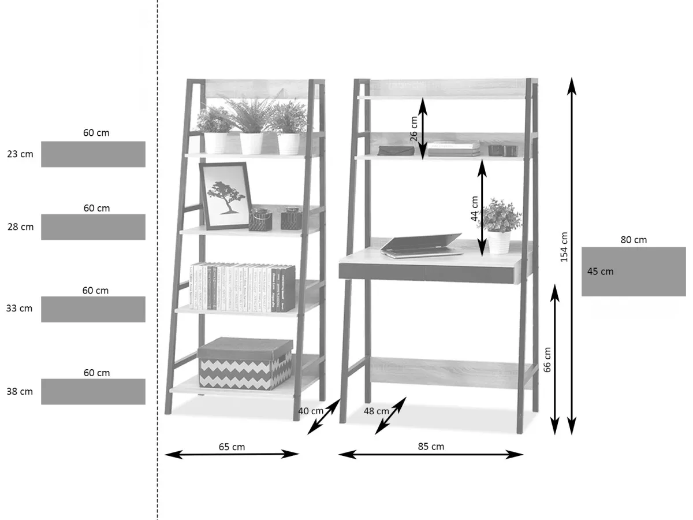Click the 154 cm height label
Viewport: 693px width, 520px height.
coord(564,247)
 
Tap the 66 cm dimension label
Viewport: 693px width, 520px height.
coord(547,359)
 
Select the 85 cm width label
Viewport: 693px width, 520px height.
coord(431,447)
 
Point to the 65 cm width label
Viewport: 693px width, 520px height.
coord(232,447)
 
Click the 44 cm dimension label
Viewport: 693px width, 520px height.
coord(475,209)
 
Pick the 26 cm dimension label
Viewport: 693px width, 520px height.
coord(413,129)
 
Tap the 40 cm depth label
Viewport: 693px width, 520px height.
coord(311,411)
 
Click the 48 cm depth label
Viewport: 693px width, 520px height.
coord(377,411)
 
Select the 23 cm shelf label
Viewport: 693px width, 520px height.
coord(20,154)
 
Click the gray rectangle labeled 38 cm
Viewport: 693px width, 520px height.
coord(93,392)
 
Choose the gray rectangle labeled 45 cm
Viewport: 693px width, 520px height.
coord(634,272)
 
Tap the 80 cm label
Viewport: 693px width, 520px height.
coord(634,240)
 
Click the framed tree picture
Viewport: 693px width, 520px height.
coord(225,195)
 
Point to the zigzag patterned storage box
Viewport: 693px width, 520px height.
coord(245,363)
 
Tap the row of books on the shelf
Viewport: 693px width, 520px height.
coord(242,287)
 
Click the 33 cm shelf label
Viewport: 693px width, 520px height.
coord(20,309)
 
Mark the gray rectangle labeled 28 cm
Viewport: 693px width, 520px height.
coord(93,227)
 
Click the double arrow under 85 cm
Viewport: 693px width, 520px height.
coord(431,455)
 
